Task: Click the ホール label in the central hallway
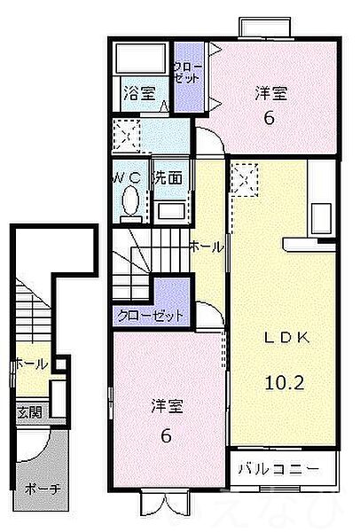coord(206,248)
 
